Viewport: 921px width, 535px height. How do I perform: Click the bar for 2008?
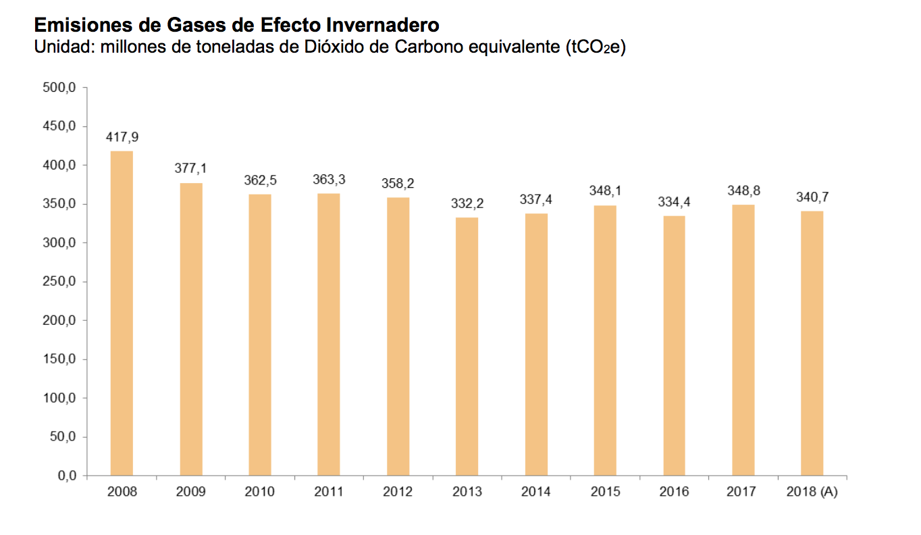pyautogui.click(x=122, y=313)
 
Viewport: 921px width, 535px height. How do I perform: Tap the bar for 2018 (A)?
pyautogui.click(x=812, y=344)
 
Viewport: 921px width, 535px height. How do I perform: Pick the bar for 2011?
pyautogui.click(x=329, y=334)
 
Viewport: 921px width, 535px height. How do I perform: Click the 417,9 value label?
pyautogui.click(x=122, y=137)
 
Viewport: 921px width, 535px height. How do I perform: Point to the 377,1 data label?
pyautogui.click(x=191, y=169)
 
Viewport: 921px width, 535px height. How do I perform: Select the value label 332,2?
pyautogui.click(x=467, y=203)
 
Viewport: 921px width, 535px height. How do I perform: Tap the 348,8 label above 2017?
pyautogui.click(x=743, y=191)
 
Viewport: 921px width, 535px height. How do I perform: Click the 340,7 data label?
pyautogui.click(x=812, y=197)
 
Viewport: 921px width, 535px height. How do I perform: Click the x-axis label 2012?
pyautogui.click(x=398, y=492)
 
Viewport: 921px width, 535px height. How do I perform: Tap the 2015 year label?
pyautogui.click(x=605, y=492)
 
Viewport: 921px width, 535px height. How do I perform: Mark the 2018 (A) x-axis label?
pyautogui.click(x=812, y=492)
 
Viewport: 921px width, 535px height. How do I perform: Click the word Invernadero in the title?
pyautogui.click(x=383, y=26)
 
